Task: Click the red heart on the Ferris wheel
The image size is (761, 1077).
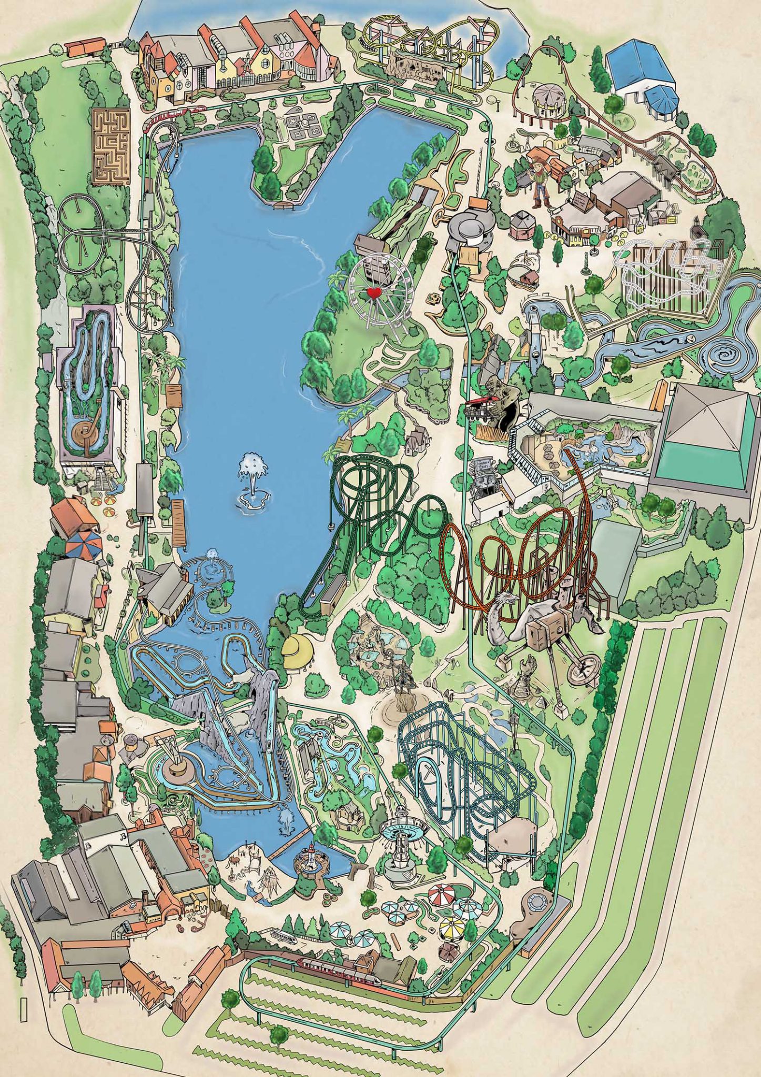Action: point(373,293)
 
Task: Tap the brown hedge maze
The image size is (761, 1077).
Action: point(111,146)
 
